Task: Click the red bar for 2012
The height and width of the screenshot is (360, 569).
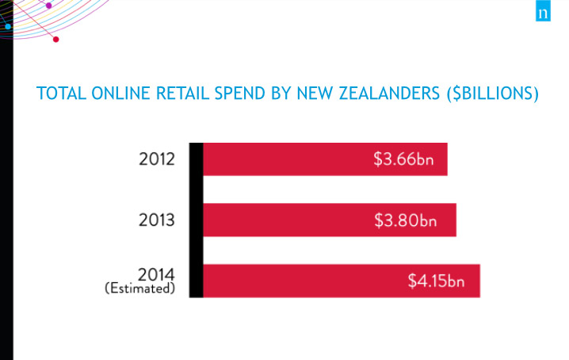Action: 325,159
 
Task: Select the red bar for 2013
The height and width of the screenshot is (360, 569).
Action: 330,220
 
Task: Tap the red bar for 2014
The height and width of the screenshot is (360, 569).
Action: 342,281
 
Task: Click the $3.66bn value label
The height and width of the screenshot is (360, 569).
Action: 403,159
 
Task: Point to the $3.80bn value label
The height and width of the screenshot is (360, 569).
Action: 405,220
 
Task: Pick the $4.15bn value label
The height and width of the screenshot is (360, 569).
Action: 436,281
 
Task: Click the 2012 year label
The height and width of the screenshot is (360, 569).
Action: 157,159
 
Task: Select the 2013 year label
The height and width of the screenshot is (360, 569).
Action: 157,220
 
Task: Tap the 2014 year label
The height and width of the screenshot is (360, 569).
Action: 156,274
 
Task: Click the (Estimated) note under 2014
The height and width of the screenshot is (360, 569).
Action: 140,288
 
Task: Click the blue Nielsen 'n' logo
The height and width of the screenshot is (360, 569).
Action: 543,11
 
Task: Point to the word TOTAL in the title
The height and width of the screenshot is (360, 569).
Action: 61,94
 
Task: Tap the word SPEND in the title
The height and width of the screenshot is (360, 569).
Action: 240,94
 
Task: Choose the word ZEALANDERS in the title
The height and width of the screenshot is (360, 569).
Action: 389,94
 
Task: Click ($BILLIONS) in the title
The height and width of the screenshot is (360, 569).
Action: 493,94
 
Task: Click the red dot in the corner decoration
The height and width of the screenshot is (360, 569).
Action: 56,39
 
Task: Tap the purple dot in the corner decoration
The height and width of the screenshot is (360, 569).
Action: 48,6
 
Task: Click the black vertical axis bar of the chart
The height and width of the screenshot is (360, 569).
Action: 196,220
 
